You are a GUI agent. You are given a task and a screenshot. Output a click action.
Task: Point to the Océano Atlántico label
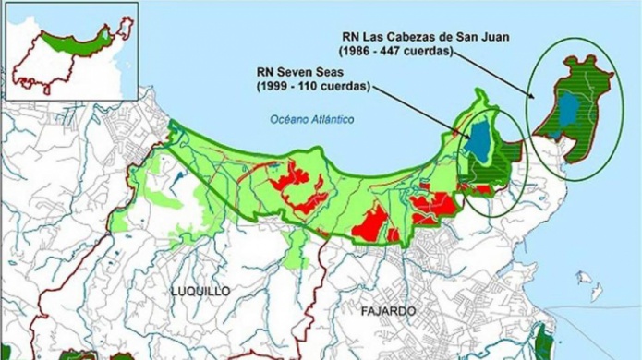click(311, 119)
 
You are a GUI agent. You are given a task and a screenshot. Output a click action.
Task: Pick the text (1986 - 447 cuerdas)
click(396, 51)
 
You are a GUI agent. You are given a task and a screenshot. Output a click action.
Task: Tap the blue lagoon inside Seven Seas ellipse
click(478, 140)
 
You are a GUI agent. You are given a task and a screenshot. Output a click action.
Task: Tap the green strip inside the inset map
click(79, 38)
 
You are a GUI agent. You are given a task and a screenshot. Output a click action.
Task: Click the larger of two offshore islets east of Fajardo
click(584, 277)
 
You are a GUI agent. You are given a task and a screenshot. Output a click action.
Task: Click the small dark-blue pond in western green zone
click(177, 173)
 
